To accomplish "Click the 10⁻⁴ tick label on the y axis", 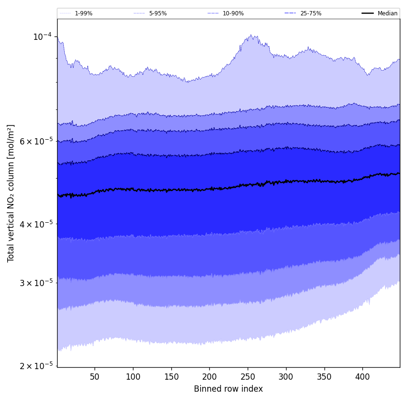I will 42,37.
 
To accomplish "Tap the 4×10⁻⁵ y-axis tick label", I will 36,224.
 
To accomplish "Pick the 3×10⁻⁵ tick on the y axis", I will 36,283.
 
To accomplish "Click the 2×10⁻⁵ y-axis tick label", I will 36,366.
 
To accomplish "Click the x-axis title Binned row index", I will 228,389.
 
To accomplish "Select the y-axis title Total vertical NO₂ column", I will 11,193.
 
